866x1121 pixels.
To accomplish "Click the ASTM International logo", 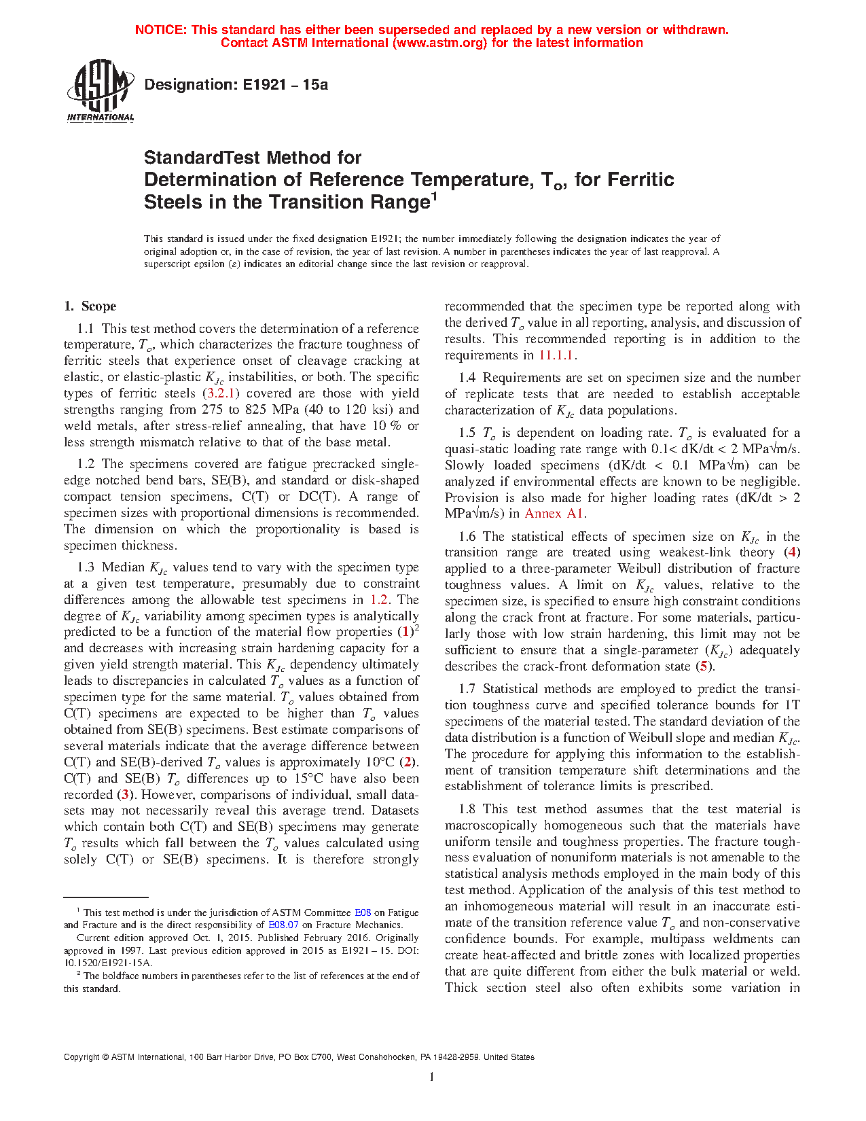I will click(x=101, y=90).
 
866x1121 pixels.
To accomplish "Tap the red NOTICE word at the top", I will click(x=160, y=30).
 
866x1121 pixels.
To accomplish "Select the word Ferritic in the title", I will click(x=641, y=180).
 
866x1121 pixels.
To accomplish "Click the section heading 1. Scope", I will click(x=90, y=306).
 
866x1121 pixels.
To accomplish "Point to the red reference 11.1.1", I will click(x=556, y=355).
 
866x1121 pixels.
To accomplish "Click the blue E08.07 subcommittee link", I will click(x=283, y=925).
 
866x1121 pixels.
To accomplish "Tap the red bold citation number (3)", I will click(x=124, y=794).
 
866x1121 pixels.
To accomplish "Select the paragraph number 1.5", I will click(x=467, y=433).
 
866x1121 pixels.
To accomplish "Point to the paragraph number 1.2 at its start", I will click(x=86, y=464).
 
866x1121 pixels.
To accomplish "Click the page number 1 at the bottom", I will click(x=432, y=1076).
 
